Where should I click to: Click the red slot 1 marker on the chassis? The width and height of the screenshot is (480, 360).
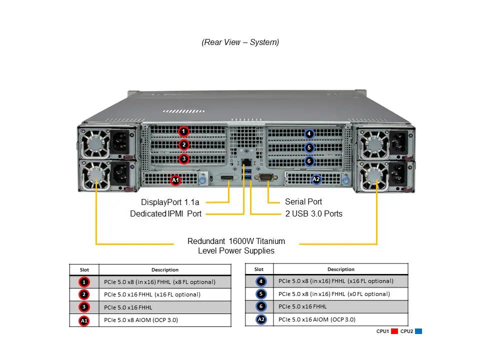(184, 131)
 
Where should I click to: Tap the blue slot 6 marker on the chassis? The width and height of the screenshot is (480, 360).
(309, 161)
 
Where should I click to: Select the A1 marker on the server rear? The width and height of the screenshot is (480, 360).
(175, 180)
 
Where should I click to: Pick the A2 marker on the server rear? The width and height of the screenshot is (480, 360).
(316, 179)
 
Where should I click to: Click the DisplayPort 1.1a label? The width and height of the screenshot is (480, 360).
(170, 202)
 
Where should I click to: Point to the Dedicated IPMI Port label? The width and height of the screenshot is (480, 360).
(165, 214)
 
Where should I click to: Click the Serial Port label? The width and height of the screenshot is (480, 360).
(303, 202)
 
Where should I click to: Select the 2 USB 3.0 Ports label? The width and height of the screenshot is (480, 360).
(313, 214)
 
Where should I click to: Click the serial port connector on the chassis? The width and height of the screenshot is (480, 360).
(265, 177)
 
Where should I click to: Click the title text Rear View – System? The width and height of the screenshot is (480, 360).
(240, 42)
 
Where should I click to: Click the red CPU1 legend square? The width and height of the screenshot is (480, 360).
(394, 331)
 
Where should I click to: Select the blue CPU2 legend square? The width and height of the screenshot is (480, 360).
(418, 331)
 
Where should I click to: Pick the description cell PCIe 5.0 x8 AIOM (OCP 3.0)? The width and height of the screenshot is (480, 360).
(141, 320)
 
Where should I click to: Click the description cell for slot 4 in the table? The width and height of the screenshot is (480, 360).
(336, 281)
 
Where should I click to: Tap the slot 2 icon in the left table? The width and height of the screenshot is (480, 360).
(84, 294)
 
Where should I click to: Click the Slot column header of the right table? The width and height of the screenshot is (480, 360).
(259, 269)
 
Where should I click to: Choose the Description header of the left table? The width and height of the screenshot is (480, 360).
(165, 270)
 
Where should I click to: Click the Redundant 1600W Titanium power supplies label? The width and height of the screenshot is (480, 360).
(236, 245)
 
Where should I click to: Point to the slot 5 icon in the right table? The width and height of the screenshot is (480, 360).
(261, 294)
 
